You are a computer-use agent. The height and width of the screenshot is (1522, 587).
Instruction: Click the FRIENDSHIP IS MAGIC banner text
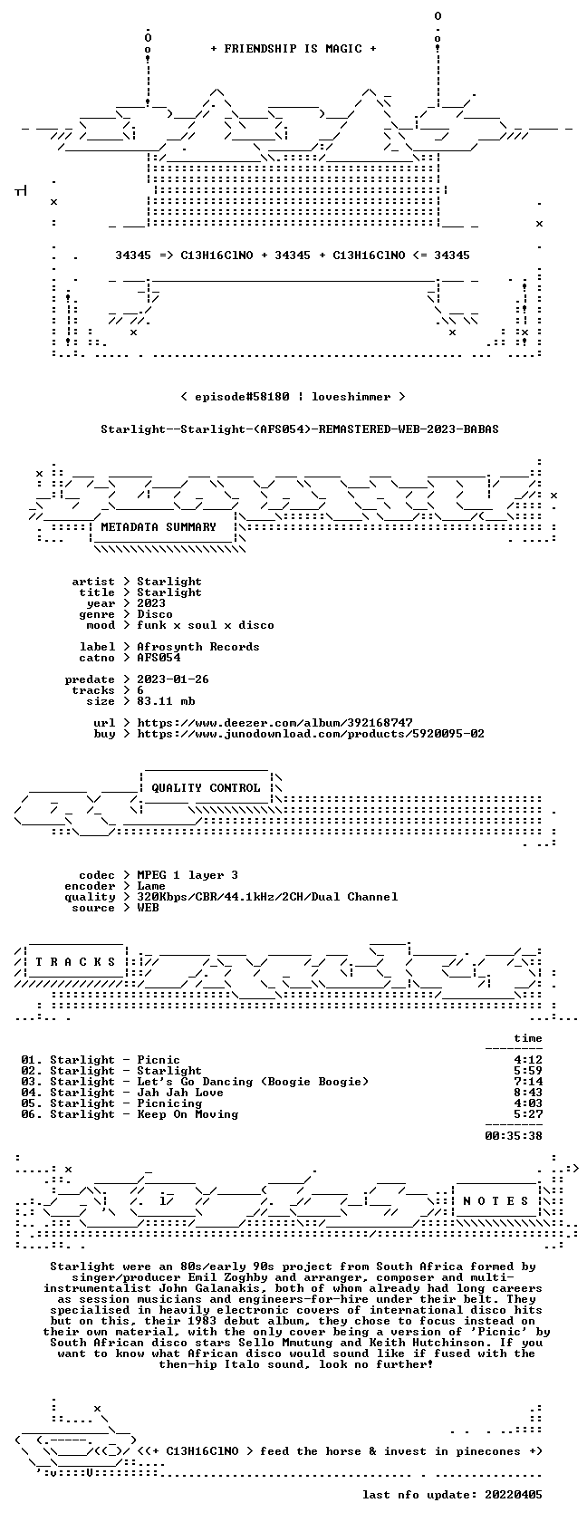(x=293, y=49)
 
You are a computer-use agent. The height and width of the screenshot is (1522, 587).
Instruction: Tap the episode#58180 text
(x=242, y=397)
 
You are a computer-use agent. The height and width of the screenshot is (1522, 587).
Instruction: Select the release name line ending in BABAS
(x=300, y=429)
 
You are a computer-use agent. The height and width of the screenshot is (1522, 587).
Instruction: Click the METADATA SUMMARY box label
(x=159, y=527)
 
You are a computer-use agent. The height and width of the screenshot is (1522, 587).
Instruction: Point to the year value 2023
(x=151, y=603)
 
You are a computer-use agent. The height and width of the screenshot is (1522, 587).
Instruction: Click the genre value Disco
(x=155, y=614)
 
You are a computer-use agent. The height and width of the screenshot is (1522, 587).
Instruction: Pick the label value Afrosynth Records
(x=198, y=647)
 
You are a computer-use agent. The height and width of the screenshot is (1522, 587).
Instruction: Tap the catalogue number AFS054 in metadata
(x=159, y=658)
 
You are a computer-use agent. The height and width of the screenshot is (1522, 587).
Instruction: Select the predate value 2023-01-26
(x=173, y=679)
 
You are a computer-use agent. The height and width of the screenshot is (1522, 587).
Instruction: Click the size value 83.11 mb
(x=166, y=701)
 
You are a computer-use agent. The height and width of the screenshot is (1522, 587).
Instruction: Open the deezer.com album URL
(x=275, y=723)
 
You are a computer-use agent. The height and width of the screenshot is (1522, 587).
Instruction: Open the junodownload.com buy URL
(x=312, y=734)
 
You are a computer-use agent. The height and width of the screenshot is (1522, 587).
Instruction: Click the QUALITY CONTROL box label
(x=206, y=788)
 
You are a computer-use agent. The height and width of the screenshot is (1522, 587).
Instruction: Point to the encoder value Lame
(x=151, y=886)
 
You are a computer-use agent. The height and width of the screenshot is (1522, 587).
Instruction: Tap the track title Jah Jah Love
(x=180, y=1093)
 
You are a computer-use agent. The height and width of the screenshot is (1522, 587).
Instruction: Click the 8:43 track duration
(x=528, y=1093)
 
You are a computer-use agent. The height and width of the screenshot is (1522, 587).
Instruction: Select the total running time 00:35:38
(x=514, y=1136)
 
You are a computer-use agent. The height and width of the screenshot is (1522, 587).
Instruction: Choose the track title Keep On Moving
(x=188, y=1114)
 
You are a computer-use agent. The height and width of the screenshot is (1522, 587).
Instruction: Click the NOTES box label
(x=496, y=1201)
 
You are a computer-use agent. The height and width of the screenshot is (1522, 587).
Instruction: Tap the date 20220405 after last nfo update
(x=514, y=1495)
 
